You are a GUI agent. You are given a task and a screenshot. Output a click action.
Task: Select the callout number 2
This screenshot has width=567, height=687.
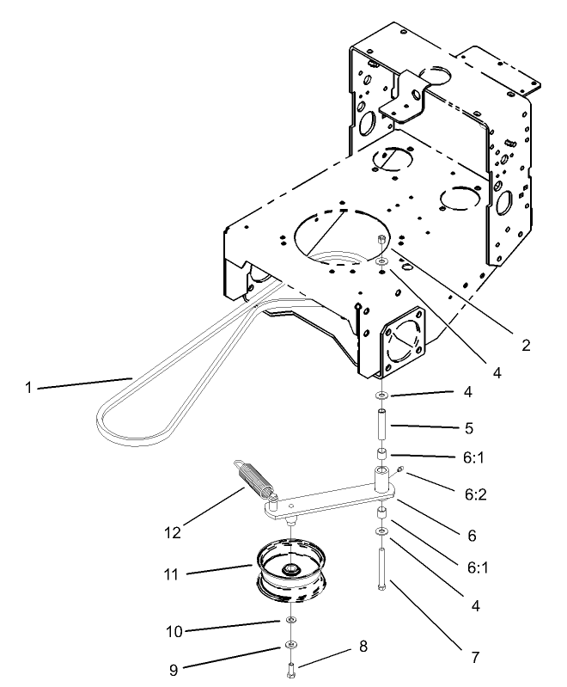pos(525,346)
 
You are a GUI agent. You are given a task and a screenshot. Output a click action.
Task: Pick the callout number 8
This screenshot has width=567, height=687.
pos(363,646)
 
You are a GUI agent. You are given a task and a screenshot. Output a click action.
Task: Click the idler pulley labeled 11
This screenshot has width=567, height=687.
pos(293,572)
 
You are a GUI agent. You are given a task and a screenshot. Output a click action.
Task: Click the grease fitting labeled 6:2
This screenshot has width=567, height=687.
pos(400,469)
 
